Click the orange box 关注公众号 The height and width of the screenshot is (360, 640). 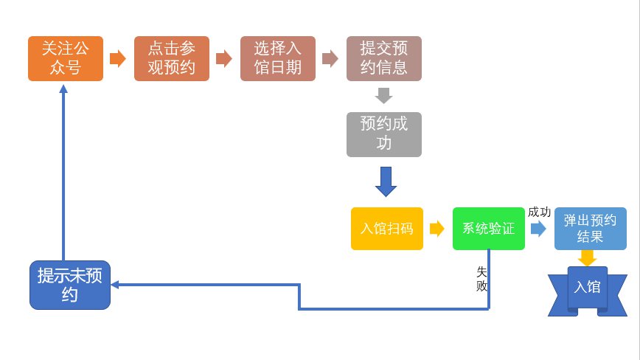[65, 59]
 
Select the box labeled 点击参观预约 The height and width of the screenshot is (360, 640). [171, 59]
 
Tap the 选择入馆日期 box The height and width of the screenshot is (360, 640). [277, 59]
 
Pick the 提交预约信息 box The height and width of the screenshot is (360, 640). [383, 59]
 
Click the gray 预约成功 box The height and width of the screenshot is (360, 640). [383, 134]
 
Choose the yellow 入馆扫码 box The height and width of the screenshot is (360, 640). [387, 229]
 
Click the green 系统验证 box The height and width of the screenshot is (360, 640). [488, 229]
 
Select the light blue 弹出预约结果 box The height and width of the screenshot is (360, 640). [590, 229]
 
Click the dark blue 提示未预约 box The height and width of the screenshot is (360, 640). [70, 285]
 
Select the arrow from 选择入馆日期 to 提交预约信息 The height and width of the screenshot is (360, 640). [330, 59]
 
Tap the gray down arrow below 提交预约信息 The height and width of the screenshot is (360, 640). [383, 96]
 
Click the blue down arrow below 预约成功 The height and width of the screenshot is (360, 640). [386, 181]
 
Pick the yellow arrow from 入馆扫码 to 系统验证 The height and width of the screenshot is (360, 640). [437, 229]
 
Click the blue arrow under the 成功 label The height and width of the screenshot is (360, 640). [538, 229]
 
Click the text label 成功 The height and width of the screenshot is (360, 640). [539, 212]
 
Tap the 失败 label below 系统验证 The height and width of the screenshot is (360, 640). [482, 279]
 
